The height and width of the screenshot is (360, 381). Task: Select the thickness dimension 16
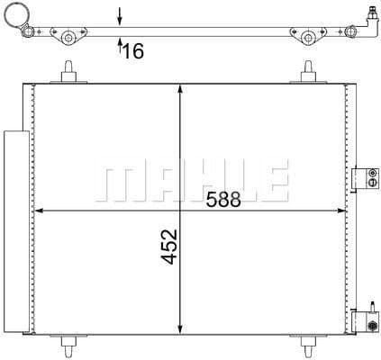point(132,51)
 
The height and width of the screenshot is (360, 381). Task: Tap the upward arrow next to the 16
point(120,47)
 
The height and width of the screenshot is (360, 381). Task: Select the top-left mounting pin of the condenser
point(68,71)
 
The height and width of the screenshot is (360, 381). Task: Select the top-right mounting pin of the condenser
point(308,71)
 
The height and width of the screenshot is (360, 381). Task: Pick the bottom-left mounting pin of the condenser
point(68,345)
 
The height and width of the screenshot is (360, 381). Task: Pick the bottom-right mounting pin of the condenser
point(308,345)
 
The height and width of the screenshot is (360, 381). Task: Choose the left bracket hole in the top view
point(68,37)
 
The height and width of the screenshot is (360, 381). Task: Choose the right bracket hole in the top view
point(308,37)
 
